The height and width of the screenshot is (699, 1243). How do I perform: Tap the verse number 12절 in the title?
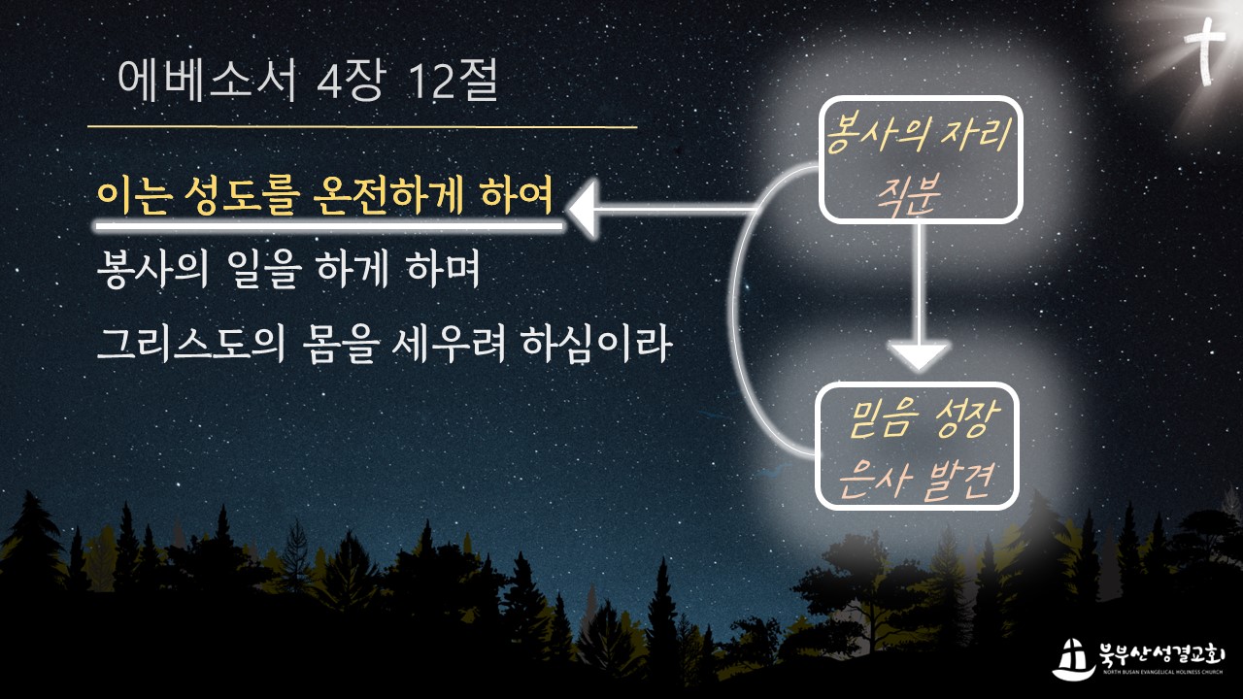click(x=453, y=82)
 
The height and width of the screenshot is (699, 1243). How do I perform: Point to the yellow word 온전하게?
click(x=388, y=196)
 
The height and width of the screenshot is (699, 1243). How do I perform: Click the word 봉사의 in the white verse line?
click(x=152, y=270)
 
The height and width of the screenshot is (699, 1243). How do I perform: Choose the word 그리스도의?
click(x=191, y=344)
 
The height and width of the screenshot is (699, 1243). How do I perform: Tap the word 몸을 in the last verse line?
click(x=341, y=344)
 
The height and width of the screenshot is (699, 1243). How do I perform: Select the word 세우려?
click(x=449, y=344)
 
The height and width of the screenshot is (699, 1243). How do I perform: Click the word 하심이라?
click(x=597, y=344)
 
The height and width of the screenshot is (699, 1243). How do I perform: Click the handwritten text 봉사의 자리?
click(x=918, y=135)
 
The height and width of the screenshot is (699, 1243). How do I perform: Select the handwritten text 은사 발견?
click(x=916, y=479)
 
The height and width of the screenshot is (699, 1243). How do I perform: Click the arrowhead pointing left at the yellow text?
click(x=583, y=210)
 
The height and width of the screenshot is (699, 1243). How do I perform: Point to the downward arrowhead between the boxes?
click(x=919, y=355)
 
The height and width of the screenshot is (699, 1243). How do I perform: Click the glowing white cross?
click(x=1205, y=51)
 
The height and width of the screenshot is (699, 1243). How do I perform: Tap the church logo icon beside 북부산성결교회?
click(x=1073, y=659)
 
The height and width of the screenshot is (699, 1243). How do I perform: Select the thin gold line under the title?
click(x=362, y=127)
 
